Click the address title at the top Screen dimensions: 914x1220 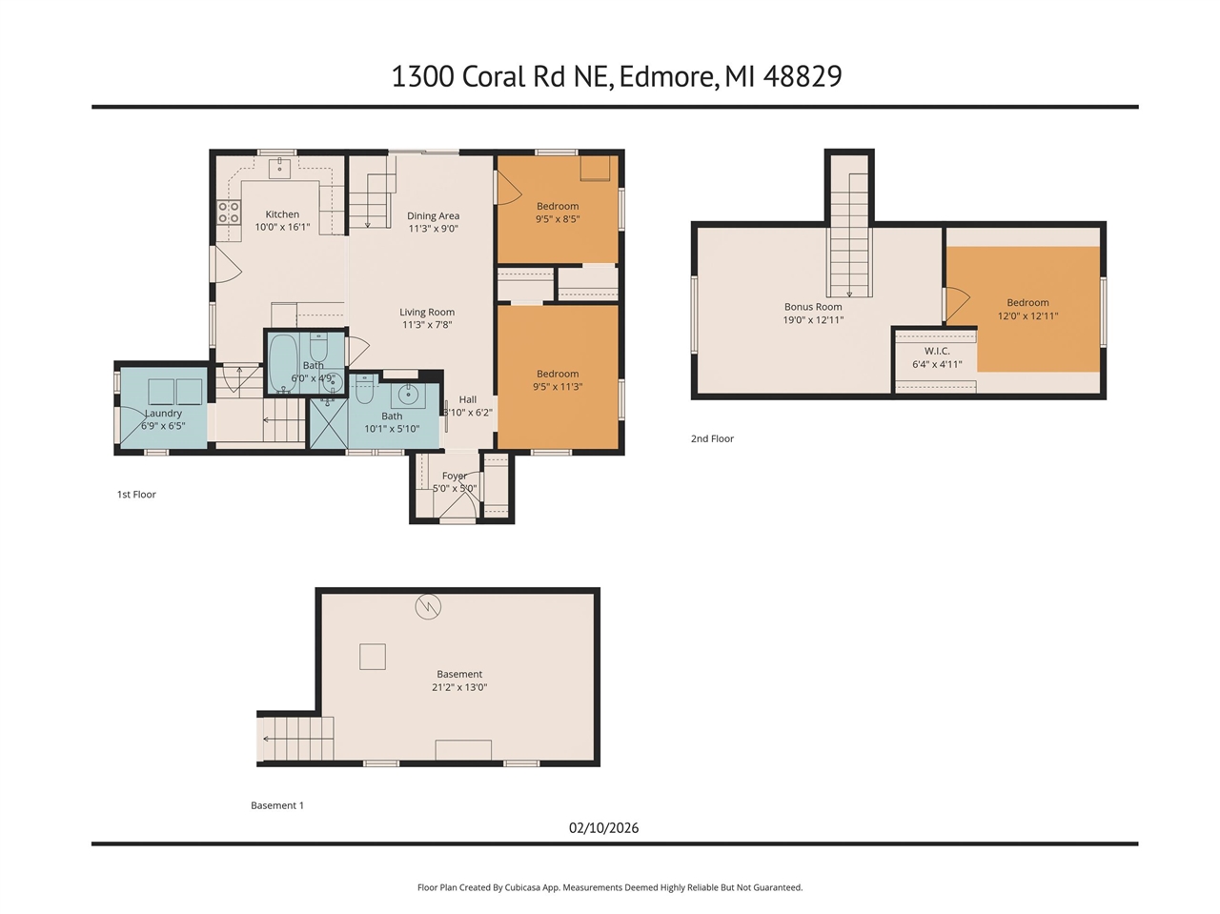[x=616, y=76]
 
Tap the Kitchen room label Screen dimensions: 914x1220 [x=282, y=214]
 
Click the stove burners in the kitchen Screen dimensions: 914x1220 [x=229, y=213]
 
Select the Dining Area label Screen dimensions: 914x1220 [x=433, y=216]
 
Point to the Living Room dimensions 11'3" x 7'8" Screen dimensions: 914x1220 [x=427, y=325]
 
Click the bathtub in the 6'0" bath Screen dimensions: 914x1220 [x=283, y=362]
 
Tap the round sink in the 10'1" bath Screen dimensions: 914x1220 [x=408, y=394]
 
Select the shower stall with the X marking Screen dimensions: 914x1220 [x=329, y=422]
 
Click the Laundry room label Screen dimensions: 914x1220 [x=163, y=414]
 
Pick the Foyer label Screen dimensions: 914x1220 [x=455, y=476]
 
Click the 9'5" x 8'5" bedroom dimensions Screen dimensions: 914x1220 [x=558, y=219]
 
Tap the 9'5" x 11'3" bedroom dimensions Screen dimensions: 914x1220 [x=558, y=387]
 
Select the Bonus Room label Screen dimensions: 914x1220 [x=813, y=307]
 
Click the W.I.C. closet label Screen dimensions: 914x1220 [x=937, y=351]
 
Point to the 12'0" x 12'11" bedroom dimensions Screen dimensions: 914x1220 [x=1027, y=316]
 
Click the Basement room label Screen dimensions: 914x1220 [x=459, y=674]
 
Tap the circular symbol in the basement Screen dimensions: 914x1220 [x=428, y=606]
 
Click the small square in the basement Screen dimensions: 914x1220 [x=373, y=657]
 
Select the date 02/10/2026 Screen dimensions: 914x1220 [x=603, y=827]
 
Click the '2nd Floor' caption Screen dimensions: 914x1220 [x=712, y=438]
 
